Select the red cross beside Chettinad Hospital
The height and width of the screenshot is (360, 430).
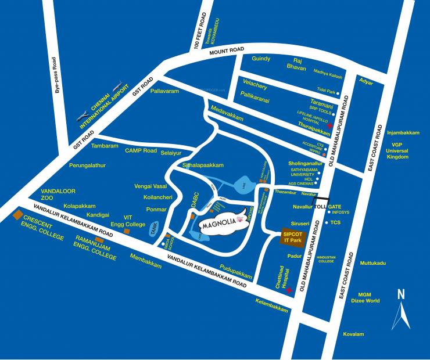click(x=289, y=289)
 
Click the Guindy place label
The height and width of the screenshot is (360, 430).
click(x=261, y=59)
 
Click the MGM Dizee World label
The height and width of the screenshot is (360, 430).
click(x=368, y=297)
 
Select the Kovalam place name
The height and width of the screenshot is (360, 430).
click(x=353, y=334)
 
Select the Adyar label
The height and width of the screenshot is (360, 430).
click(x=366, y=81)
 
